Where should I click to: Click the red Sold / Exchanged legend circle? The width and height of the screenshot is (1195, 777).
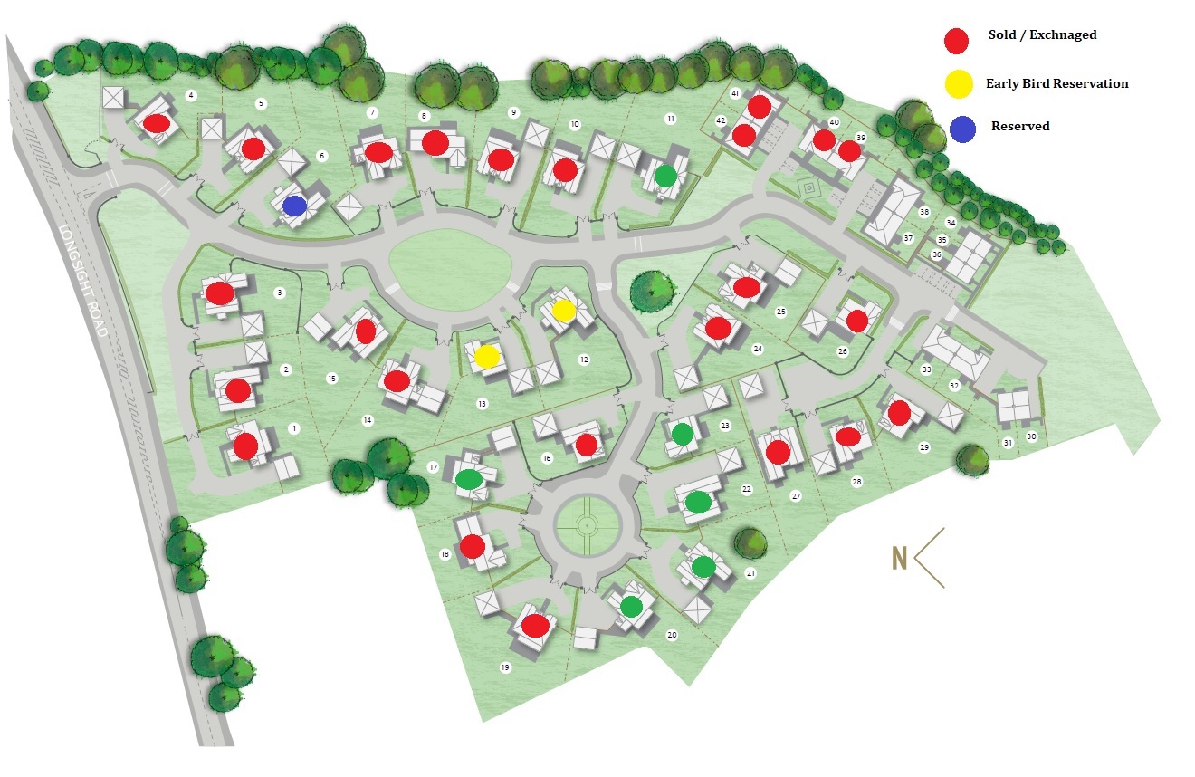(x=957, y=41)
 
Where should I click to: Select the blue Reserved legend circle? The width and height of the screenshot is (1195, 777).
(x=962, y=129)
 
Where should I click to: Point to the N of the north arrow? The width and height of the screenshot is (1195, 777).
(x=899, y=559)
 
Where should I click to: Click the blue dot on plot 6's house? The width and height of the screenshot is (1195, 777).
(x=294, y=206)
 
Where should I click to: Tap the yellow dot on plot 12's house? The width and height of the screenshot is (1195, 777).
(x=563, y=311)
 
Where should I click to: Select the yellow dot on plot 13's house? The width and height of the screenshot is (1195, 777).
(x=487, y=357)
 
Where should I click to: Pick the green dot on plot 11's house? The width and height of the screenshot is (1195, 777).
(x=665, y=175)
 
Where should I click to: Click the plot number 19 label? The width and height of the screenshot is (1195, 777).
(x=505, y=668)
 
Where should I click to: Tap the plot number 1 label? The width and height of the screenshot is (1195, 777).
(x=292, y=427)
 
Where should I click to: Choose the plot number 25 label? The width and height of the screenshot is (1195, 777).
(x=780, y=312)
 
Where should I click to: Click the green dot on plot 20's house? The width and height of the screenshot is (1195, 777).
(x=631, y=606)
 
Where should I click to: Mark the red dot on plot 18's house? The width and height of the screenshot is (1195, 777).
(x=472, y=546)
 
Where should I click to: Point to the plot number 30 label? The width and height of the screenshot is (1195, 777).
(x=1031, y=436)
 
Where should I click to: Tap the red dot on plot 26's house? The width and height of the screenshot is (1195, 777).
(x=857, y=321)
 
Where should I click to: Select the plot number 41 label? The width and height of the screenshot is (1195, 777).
(x=735, y=94)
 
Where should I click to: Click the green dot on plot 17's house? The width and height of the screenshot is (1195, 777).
(x=468, y=479)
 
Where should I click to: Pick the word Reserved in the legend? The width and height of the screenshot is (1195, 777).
(x=1020, y=127)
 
